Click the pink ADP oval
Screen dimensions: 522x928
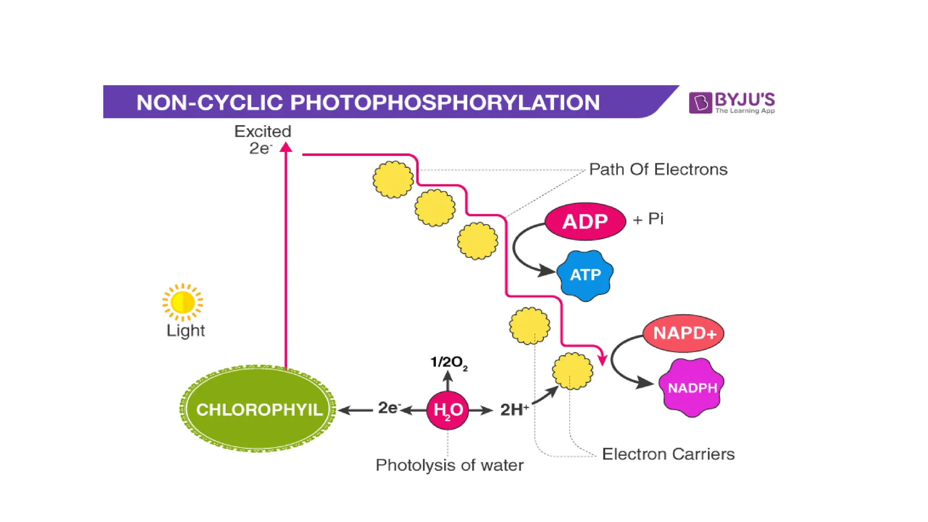pos(585,222)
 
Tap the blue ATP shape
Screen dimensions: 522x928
pos(585,275)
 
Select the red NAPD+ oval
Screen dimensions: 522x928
pos(684,333)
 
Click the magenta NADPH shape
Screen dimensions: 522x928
pos(691,387)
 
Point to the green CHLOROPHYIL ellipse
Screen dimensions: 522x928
pos(258,409)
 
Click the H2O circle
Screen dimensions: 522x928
pos(448,410)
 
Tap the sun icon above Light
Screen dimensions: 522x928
pos(183,302)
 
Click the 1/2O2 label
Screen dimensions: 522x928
pos(449,362)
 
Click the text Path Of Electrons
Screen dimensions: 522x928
pos(658,169)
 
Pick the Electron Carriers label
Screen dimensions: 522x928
pos(668,454)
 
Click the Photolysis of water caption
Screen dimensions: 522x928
pos(449,465)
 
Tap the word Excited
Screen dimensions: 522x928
pos(263,131)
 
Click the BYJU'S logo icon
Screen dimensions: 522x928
pos(700,102)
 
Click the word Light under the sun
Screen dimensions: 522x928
pos(185,330)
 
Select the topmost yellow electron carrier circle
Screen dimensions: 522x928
pos(393,179)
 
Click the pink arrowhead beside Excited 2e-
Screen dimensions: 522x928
pos(286,147)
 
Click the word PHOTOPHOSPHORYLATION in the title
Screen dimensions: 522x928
pos(445,102)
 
